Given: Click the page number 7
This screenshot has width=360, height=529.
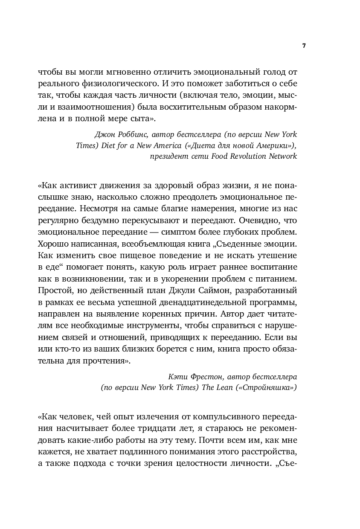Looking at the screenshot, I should tap(304, 46).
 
